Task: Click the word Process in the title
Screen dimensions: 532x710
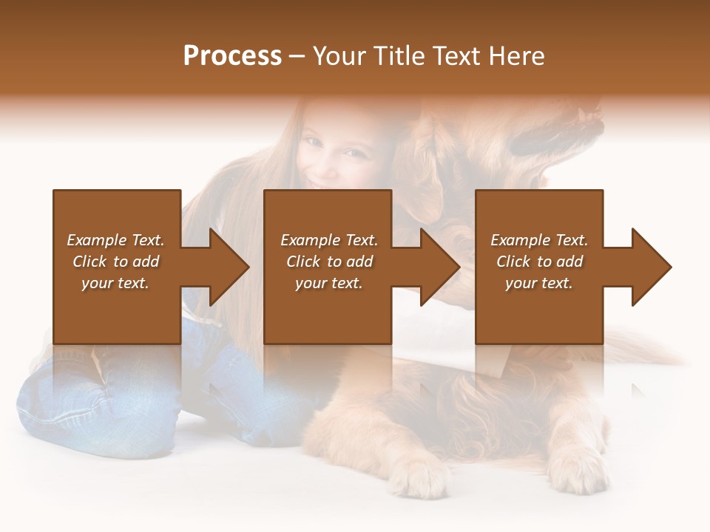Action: pyautogui.click(x=232, y=56)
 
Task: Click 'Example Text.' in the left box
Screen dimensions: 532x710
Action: pyautogui.click(x=115, y=240)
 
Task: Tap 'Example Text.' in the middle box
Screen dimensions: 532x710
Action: pyautogui.click(x=328, y=240)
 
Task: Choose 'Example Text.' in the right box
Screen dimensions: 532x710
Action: pyautogui.click(x=539, y=240)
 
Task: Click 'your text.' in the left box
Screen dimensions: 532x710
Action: pyautogui.click(x=115, y=283)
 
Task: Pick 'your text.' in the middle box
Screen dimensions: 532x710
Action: pyautogui.click(x=328, y=283)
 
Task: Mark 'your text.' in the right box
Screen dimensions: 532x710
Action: pyautogui.click(x=539, y=283)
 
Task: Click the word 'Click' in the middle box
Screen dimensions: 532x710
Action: pyautogui.click(x=303, y=262)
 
